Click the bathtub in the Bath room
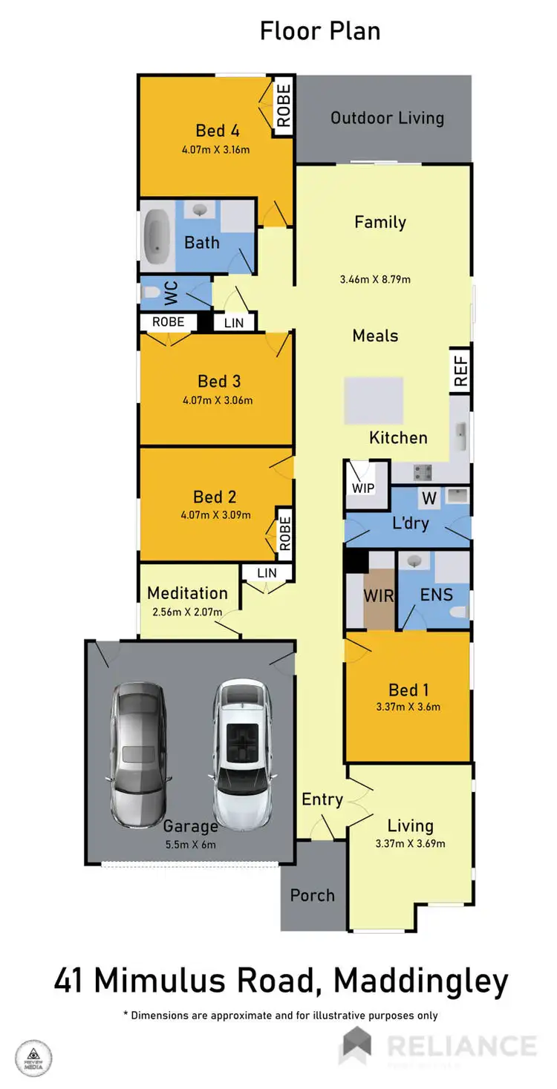pyautogui.click(x=156, y=236)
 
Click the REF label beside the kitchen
pyautogui.click(x=460, y=370)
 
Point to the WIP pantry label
pyautogui.click(x=364, y=488)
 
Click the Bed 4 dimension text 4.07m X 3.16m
pyautogui.click(x=215, y=149)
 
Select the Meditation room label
pyautogui.click(x=187, y=593)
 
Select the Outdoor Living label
pyautogui.click(x=387, y=118)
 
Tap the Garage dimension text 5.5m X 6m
pyautogui.click(x=190, y=844)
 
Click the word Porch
pyautogui.click(x=313, y=895)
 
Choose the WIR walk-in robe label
pyautogui.click(x=379, y=595)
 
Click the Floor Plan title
pyautogui.click(x=320, y=31)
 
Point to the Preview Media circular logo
pyautogui.click(x=34, y=1058)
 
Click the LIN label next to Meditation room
pyautogui.click(x=267, y=573)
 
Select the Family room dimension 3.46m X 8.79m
pyautogui.click(x=375, y=280)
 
